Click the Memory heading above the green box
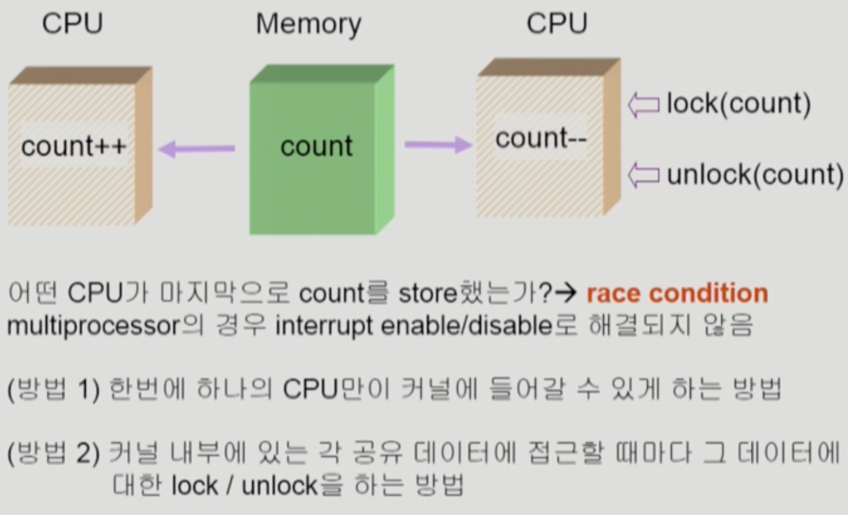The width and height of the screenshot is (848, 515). (x=309, y=24)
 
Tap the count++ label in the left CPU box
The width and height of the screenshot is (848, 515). (x=74, y=146)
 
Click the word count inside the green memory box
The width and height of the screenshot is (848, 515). (x=316, y=146)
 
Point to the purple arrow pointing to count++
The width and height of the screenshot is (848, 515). (x=196, y=149)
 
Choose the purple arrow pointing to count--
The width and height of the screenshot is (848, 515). (x=438, y=145)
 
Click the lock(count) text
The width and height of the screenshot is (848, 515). (x=739, y=103)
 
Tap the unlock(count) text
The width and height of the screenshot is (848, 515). (x=755, y=175)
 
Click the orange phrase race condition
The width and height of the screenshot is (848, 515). (x=677, y=293)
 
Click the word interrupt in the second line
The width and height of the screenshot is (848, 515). (x=324, y=326)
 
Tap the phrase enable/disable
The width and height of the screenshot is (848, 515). (x=466, y=326)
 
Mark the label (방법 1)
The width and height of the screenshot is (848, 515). (x=53, y=389)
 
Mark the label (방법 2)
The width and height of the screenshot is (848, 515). (x=53, y=453)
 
